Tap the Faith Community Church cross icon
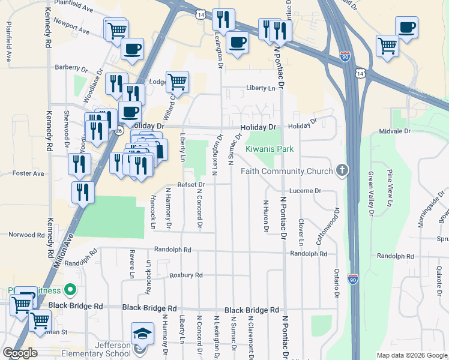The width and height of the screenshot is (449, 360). [342, 171]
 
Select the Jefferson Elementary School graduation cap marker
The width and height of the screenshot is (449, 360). [142, 332]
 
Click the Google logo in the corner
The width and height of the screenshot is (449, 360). [20, 353]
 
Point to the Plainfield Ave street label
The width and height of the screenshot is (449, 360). [73, 10]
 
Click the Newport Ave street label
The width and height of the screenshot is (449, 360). [71, 30]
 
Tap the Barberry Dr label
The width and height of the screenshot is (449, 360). [71, 68]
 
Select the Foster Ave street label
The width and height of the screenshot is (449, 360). [28, 173]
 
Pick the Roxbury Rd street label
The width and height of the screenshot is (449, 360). [186, 275]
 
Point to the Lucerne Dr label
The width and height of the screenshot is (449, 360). [306, 190]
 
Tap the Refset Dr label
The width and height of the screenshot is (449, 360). [191, 185]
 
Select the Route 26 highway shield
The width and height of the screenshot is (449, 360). [119, 130]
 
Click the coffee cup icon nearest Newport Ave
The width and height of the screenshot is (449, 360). [132, 48]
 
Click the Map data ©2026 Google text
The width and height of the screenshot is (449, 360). [411, 355]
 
